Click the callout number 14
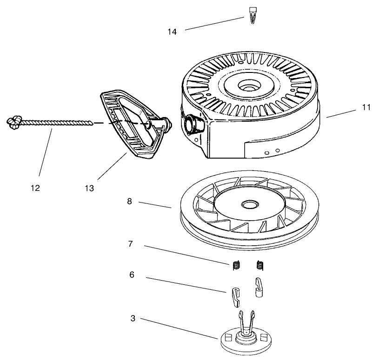pyautogui.click(x=172, y=32)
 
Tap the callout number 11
pyautogui.click(x=366, y=107)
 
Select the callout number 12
pyautogui.click(x=35, y=188)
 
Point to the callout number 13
pyautogui.click(x=89, y=188)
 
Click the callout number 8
pyautogui.click(x=130, y=202)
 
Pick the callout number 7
pyautogui.click(x=131, y=244)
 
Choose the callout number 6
pyautogui.click(x=132, y=275)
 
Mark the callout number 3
pyautogui.click(x=133, y=318)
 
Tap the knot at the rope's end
pyautogui.click(x=14, y=121)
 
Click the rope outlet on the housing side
pyautogui.click(x=192, y=124)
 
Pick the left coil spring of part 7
pyautogui.click(x=236, y=265)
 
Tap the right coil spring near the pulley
pyautogui.click(x=260, y=265)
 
